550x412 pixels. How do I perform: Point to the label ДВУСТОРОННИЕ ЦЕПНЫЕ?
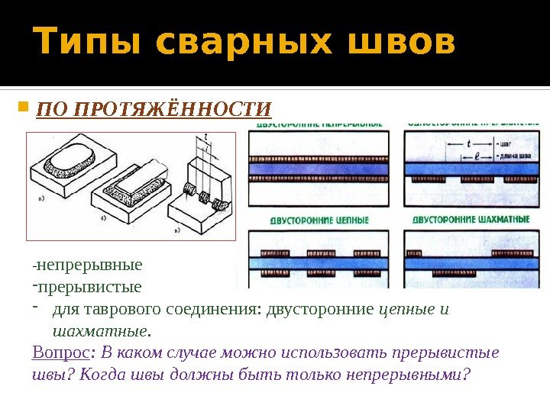click(319, 220)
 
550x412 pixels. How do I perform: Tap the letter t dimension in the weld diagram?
click(468, 143)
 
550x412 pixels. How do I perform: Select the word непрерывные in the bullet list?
click(89, 266)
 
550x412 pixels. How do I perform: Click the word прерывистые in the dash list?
click(89, 288)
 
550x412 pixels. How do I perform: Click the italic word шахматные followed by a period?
click(99, 331)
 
